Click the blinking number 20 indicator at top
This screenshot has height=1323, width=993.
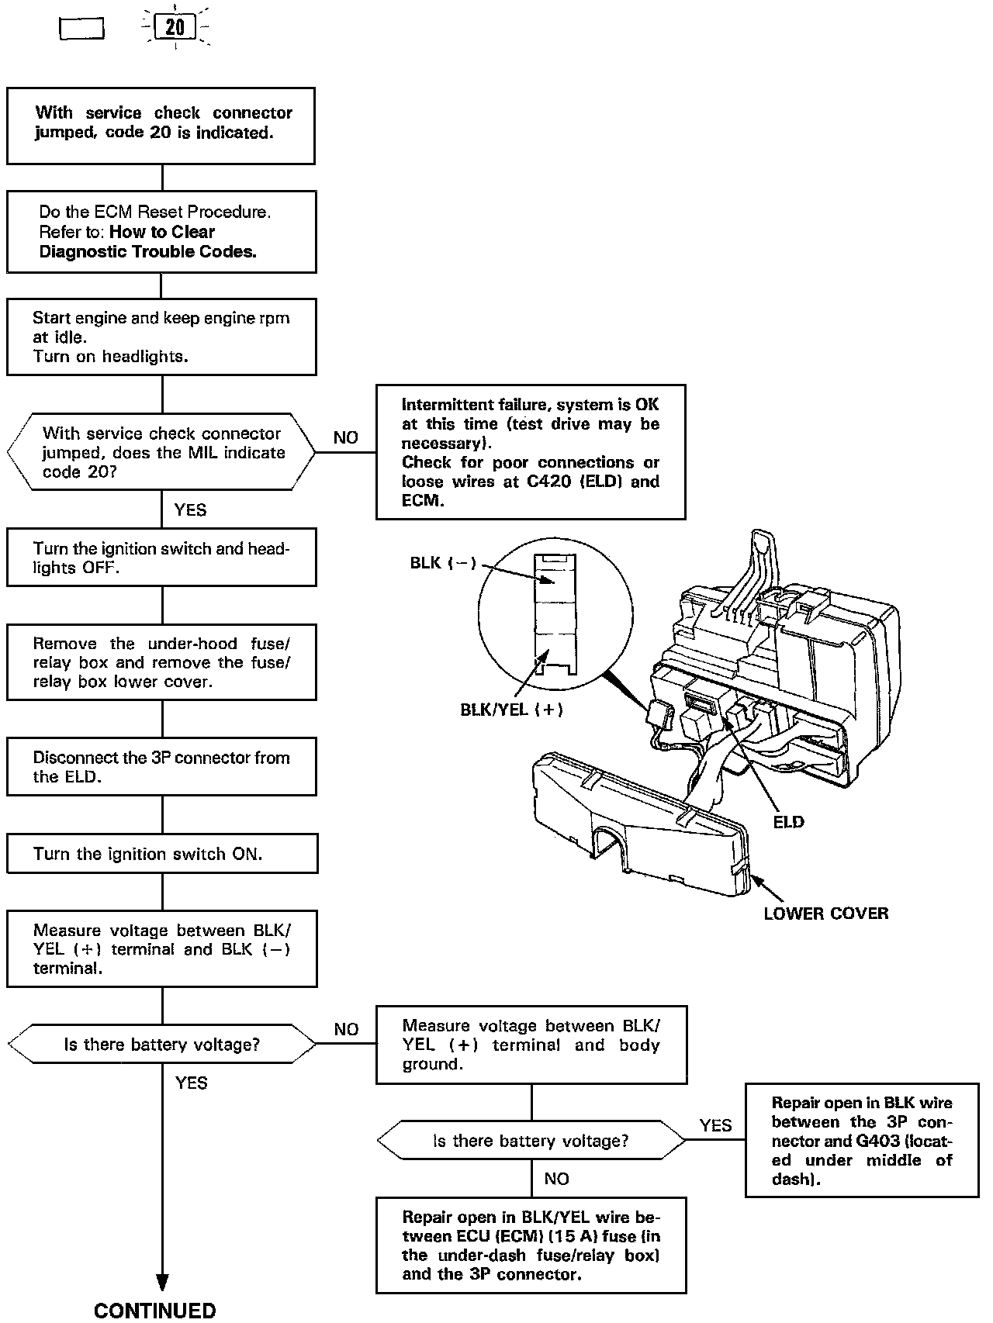[x=175, y=28]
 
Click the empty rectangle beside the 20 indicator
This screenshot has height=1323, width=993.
[x=81, y=29]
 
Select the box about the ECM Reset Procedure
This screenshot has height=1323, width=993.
[x=161, y=232]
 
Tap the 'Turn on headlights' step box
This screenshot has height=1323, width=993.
[x=161, y=337]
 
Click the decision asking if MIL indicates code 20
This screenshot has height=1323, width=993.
[x=161, y=452]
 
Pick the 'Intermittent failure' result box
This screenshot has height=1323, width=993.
[x=531, y=452]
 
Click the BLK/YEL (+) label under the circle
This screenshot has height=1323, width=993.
[x=511, y=709]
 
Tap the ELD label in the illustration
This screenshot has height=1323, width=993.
[x=788, y=822]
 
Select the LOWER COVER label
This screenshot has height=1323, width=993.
[x=825, y=914]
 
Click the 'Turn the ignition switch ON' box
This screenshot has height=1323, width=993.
[x=162, y=854]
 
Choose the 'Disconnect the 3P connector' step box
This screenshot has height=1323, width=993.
[x=161, y=767]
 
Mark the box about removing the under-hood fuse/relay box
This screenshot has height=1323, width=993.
[x=161, y=662]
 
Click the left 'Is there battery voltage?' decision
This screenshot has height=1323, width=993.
[x=161, y=1045]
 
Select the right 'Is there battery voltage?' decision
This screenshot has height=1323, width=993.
[x=531, y=1141]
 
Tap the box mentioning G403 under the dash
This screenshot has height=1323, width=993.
[x=861, y=1140]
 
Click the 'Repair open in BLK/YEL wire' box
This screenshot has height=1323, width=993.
[x=531, y=1245]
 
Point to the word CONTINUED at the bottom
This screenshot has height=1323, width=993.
[x=155, y=1311]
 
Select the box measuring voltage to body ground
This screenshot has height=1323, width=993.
[x=531, y=1045]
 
